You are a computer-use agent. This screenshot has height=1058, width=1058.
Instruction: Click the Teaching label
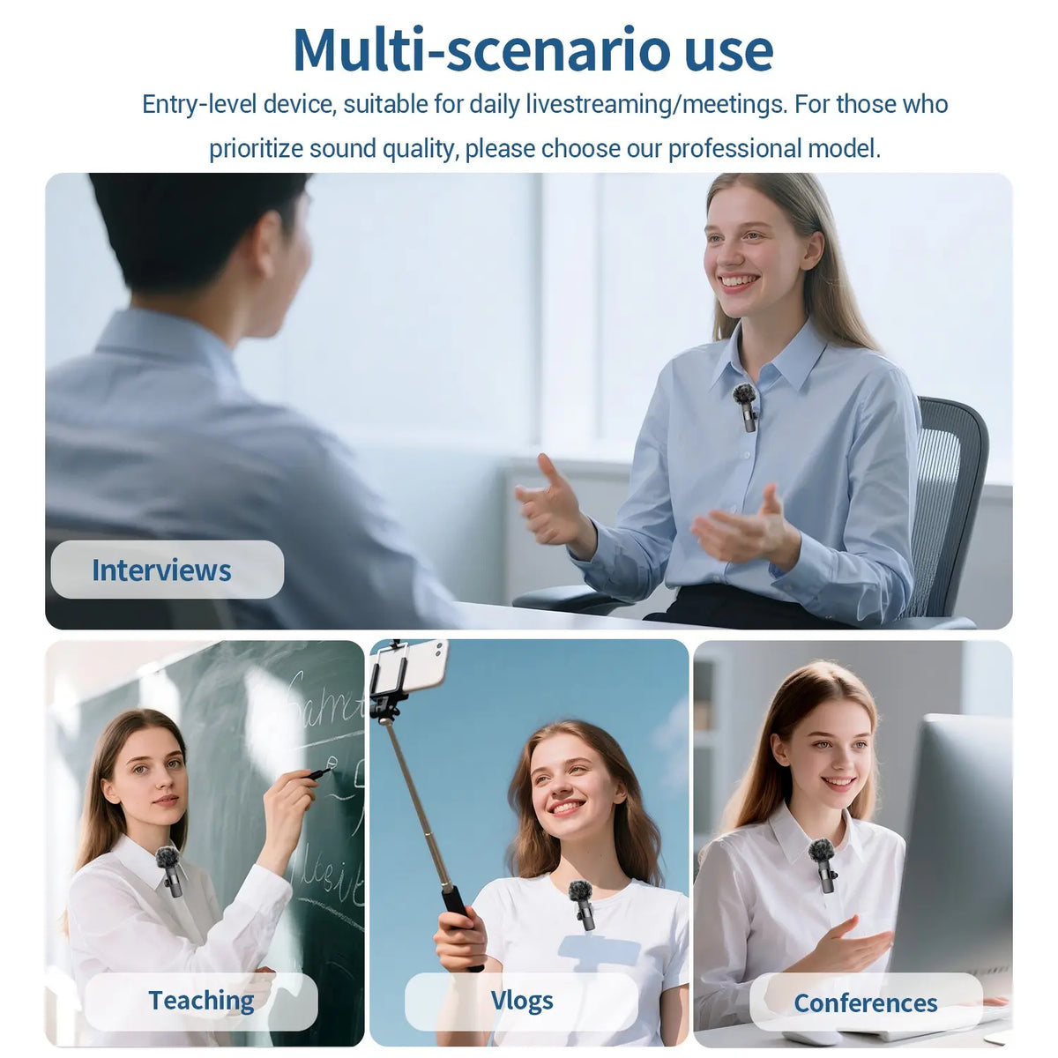coord(201,1001)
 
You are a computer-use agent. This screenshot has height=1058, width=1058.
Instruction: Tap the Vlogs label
coord(522,1001)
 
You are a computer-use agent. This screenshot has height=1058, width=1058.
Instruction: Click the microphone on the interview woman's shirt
coord(746,406)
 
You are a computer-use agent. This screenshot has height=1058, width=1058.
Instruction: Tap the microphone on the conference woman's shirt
coord(823,865)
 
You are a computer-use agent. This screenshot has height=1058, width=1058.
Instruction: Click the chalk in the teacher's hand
coord(319,773)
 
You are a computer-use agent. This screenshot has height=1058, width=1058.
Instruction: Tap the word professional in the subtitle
coord(734,149)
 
